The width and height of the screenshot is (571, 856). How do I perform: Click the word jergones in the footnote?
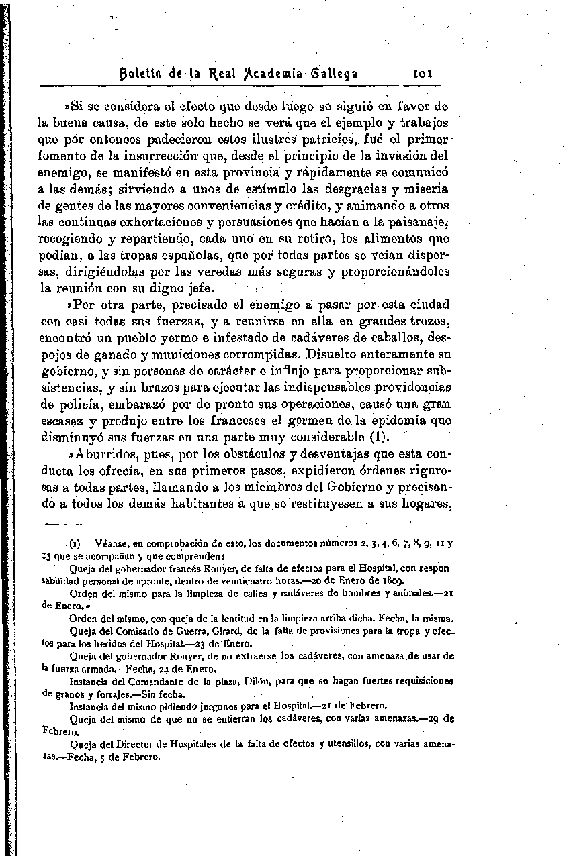tap(219, 706)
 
